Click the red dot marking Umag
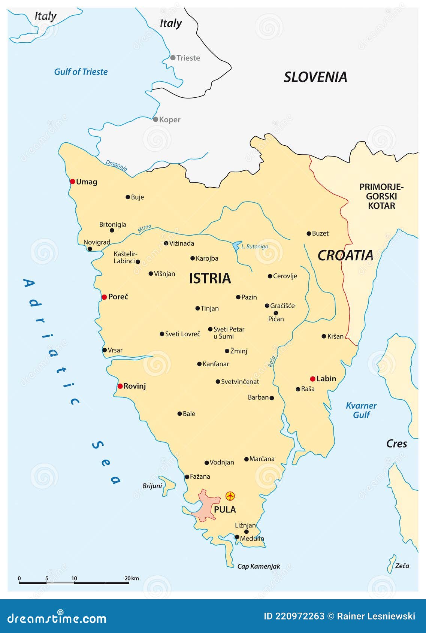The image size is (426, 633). point(72,182)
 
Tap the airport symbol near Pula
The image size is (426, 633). point(230,496)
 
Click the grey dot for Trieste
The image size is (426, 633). point(173,58)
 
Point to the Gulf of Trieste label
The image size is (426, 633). point(81,72)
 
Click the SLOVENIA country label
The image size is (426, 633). point(315,77)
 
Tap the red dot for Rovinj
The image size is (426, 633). point(120,386)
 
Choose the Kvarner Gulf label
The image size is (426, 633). point(361,410)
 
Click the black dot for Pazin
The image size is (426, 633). point(238,297)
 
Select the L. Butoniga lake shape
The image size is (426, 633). point(236,246)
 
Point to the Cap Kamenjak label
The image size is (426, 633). point(259,566)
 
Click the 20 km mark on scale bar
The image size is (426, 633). point(129,582)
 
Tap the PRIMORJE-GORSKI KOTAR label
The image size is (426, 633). point(381,196)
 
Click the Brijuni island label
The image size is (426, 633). point(152,486)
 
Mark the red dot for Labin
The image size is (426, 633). point(312,379)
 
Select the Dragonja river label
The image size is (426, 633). point(116,165)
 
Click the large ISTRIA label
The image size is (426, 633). point(210,278)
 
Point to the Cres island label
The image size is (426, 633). point(396,444)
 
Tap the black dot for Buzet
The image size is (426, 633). point(309,233)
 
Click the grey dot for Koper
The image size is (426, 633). point(155,119)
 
